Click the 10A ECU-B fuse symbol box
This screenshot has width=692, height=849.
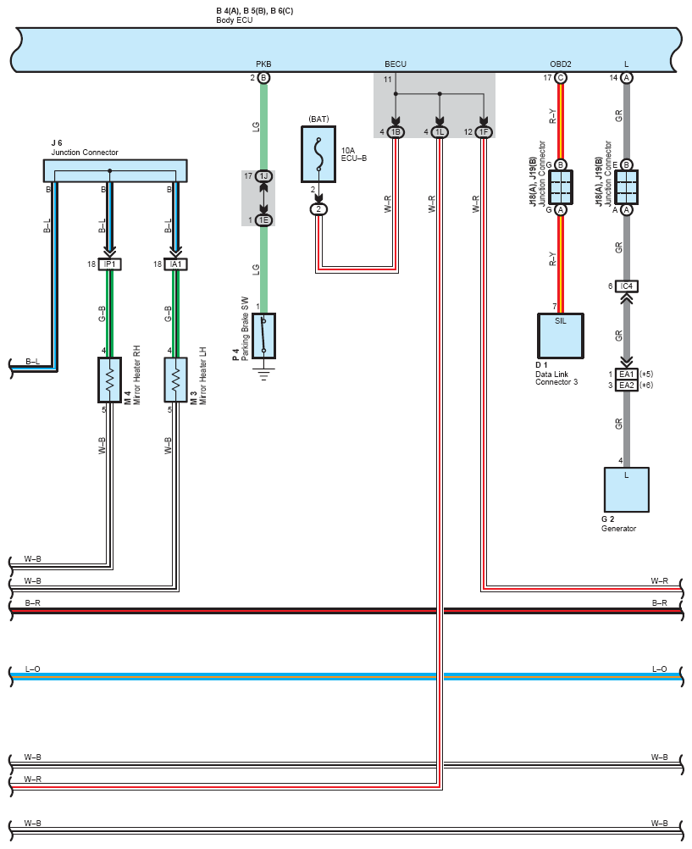click(x=318, y=154)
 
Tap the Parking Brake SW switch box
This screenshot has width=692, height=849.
click(x=263, y=336)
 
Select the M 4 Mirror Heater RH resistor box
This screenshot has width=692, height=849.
click(x=109, y=380)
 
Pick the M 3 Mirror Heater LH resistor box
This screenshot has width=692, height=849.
click(x=175, y=380)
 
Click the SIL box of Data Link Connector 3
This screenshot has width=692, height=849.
click(x=561, y=336)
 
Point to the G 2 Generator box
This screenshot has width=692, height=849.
click(x=627, y=490)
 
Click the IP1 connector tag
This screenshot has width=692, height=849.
click(x=110, y=264)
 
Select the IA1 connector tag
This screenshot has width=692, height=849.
click(x=176, y=264)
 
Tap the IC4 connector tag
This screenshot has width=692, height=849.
click(x=627, y=286)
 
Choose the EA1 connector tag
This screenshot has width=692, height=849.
click(x=627, y=375)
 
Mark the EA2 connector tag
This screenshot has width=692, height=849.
click(x=627, y=386)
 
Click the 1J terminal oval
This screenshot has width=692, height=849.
click(x=263, y=176)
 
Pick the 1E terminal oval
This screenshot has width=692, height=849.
click(x=263, y=220)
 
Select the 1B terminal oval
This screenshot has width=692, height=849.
click(x=396, y=132)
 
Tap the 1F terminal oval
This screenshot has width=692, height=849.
click(x=484, y=132)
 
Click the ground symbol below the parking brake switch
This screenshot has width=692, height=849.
click(x=263, y=375)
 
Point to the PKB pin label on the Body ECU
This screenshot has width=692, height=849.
click(x=263, y=64)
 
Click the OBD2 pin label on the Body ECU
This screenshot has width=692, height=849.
click(x=561, y=64)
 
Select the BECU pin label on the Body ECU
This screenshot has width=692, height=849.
click(x=396, y=64)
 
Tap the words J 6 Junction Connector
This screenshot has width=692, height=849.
click(x=85, y=147)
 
